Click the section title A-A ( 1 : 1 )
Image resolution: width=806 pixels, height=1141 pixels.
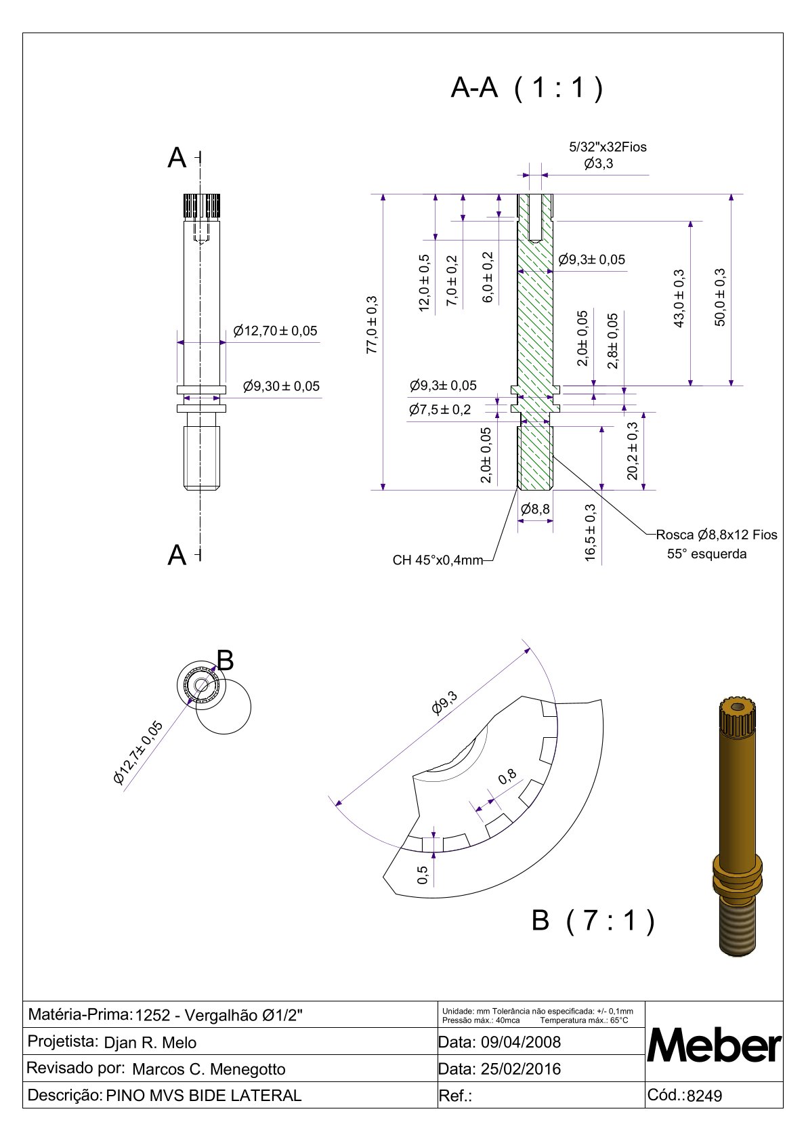tap(526, 88)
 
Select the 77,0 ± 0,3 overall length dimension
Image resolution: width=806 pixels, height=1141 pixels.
tap(372, 325)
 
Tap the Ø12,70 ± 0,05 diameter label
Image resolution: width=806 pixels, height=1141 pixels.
tap(275, 331)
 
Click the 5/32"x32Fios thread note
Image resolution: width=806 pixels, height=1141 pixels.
tap(608, 147)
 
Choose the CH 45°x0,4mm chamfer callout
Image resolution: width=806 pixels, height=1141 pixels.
tap(438, 560)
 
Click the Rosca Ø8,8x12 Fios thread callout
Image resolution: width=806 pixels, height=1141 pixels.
tap(717, 535)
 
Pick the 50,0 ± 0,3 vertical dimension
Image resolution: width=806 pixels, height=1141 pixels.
tap(720, 297)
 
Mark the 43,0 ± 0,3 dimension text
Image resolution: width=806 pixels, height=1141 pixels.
tap(679, 299)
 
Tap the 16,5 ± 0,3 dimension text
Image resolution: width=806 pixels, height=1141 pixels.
tap(591, 533)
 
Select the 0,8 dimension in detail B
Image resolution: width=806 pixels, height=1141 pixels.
tap(507, 777)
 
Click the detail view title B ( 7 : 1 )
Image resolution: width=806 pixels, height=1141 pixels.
tap(593, 921)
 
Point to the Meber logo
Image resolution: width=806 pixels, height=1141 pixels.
tap(715, 1046)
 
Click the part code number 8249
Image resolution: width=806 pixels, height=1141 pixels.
tap(704, 1096)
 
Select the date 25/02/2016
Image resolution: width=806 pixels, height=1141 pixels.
tap(520, 1069)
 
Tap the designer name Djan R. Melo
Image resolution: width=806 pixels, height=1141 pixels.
tap(150, 1043)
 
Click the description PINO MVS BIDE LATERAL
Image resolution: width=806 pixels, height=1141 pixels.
tap(204, 1096)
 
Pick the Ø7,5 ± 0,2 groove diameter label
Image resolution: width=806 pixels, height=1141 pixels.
tap(440, 410)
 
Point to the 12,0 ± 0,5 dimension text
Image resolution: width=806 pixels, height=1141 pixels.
tap(425, 283)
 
